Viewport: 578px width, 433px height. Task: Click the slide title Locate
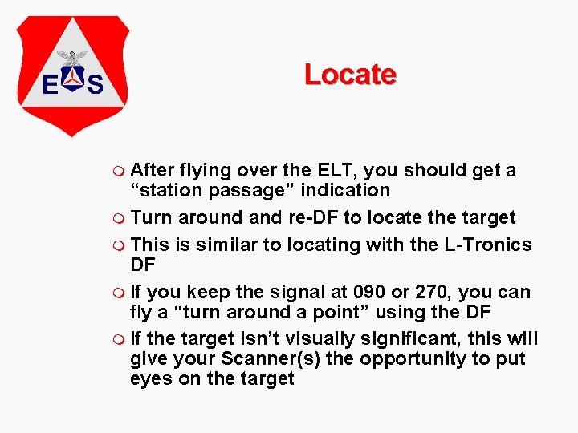pyautogui.click(x=350, y=75)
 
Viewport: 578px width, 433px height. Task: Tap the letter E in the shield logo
pyautogui.click(x=50, y=83)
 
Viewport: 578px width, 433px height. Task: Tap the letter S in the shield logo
pyautogui.click(x=96, y=83)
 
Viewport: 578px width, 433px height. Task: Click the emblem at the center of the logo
pyautogui.click(x=73, y=74)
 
